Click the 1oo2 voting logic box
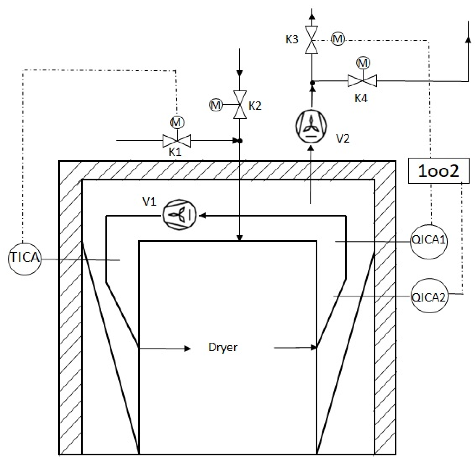pyautogui.click(x=438, y=171)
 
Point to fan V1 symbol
pyautogui.click(x=179, y=215)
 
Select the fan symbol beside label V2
pyautogui.click(x=311, y=126)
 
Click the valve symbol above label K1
pyautogui.click(x=177, y=140)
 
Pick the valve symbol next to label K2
pyautogui.click(x=240, y=105)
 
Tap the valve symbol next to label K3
pyautogui.click(x=311, y=40)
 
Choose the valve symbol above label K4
pyautogui.click(x=362, y=81)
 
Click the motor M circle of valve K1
pyautogui.click(x=177, y=122)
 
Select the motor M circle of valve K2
pyautogui.click(x=216, y=105)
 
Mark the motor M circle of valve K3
pyautogui.click(x=337, y=39)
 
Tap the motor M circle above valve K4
pyautogui.click(x=363, y=63)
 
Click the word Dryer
pyautogui.click(x=223, y=347)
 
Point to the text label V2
pyautogui.click(x=343, y=139)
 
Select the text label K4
pyautogui.click(x=361, y=98)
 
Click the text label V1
pyautogui.click(x=149, y=202)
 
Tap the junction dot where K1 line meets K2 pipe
pyautogui.click(x=240, y=141)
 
